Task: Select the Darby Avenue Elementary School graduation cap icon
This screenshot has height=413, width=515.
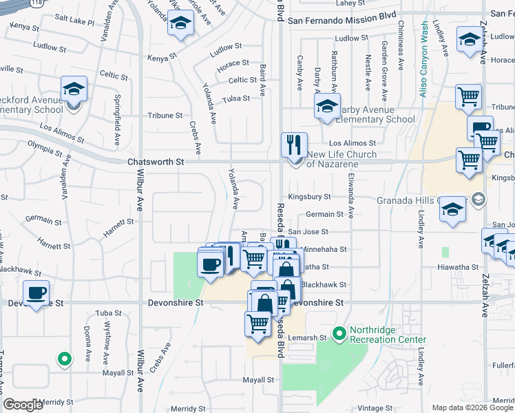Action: coord(328,105)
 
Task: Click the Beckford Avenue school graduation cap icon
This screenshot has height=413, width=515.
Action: coord(74,89)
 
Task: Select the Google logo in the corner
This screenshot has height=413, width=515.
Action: coord(23,405)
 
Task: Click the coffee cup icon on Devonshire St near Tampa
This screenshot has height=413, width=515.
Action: coord(36,293)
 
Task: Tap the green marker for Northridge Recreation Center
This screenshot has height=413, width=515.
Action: coord(339,335)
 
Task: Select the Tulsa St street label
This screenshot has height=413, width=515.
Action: coord(235,98)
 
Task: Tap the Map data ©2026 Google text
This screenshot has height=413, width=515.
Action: coord(472,407)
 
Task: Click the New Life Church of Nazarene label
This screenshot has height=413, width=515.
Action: coord(341,159)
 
